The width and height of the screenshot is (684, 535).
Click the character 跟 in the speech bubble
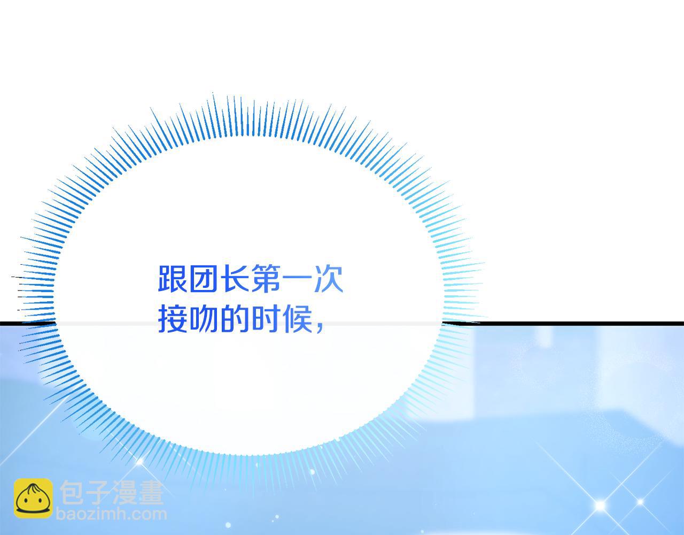pyautogui.click(x=172, y=279)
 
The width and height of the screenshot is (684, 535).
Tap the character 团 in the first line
pyautogui.click(x=204, y=279)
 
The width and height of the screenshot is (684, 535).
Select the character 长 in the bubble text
pyautogui.click(x=235, y=279)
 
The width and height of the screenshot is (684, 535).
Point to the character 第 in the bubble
pyautogui.click(x=266, y=279)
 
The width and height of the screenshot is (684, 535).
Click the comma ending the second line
pyautogui.click(x=320, y=327)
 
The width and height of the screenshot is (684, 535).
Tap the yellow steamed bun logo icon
pyautogui.click(x=33, y=499)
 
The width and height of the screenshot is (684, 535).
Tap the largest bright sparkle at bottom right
pyautogui.click(x=600, y=506)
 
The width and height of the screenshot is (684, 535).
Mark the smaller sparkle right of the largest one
pyautogui.click(x=640, y=502)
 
